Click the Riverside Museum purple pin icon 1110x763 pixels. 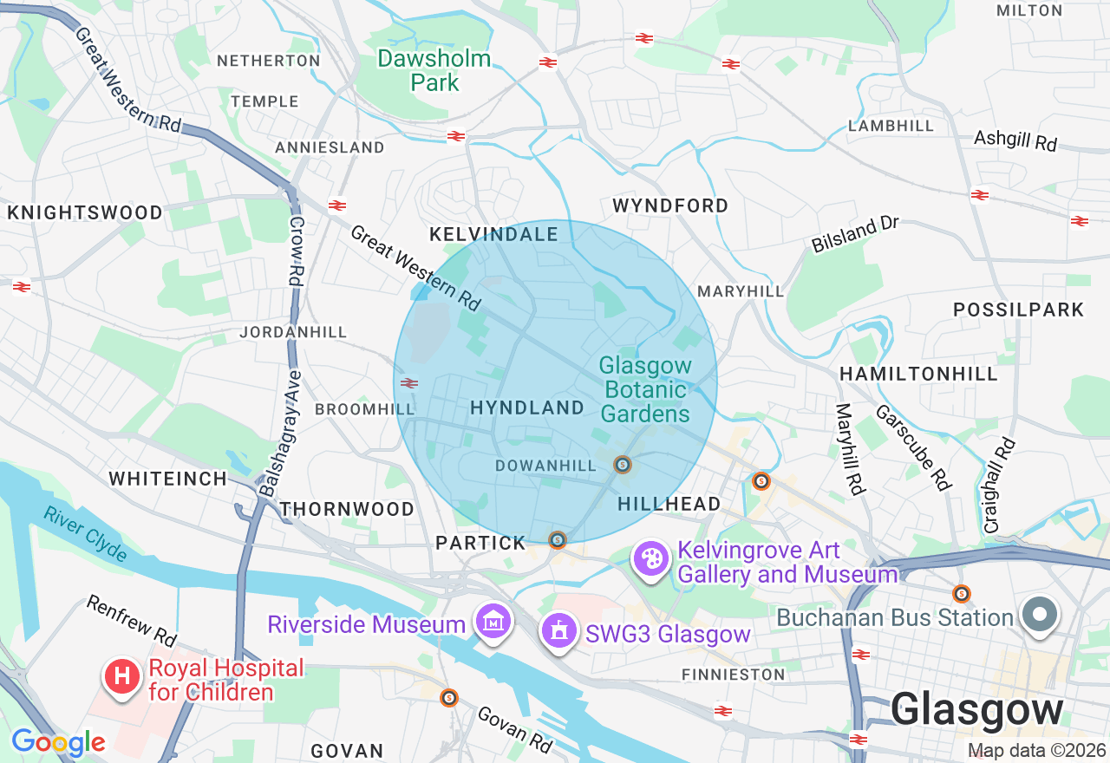pos(493,622)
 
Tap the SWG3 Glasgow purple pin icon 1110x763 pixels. pos(559,630)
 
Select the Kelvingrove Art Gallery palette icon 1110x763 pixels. pos(651,559)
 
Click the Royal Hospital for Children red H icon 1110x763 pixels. pos(122,676)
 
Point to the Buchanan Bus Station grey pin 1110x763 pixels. pos(1040,616)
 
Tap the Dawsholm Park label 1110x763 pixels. pos(434,71)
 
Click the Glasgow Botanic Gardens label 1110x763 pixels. pos(646,390)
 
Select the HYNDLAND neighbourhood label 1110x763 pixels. pos(527,408)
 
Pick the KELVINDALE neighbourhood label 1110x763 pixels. pos(494,235)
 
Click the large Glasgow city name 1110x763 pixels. pos(976,710)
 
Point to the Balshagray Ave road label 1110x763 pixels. pos(281,434)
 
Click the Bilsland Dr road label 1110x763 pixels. pos(855,234)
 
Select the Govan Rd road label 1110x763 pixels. pos(515,729)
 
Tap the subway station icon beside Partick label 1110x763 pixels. pos(558,540)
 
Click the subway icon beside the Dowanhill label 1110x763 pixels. pos(622,465)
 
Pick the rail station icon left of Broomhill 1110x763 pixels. pos(409,382)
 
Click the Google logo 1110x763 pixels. pos(58,742)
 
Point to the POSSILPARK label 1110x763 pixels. pos(1018,310)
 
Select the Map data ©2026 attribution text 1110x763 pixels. pos(1036,751)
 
